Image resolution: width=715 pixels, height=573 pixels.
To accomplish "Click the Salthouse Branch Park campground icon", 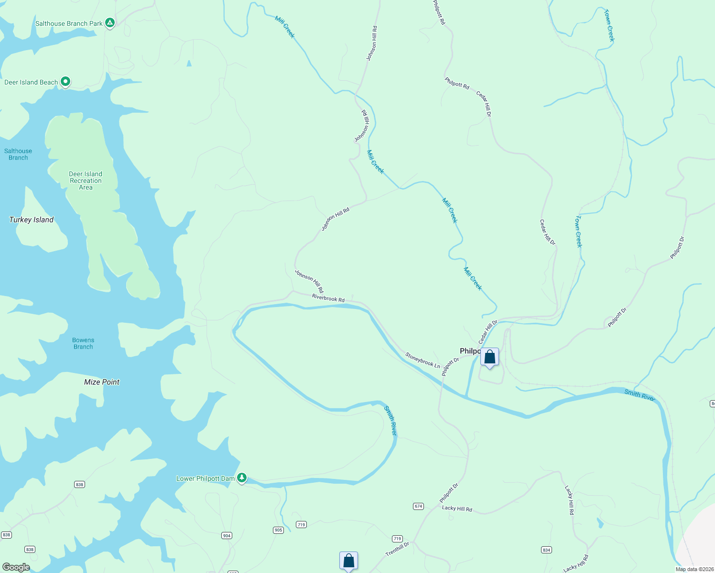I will pos(110,22).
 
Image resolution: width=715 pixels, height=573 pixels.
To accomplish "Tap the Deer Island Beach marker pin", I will pos(65,82).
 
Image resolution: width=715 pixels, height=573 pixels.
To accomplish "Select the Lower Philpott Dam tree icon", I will pos(242,477).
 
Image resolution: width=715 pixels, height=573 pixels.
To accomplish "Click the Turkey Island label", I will pos(32,220).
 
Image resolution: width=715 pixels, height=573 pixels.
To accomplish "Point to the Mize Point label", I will pos(102,382).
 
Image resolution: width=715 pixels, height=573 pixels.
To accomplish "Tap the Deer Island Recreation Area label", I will pos(86,181).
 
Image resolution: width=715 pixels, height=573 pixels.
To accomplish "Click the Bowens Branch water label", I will pos(83,344).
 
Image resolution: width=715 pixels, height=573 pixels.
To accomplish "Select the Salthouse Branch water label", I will pos(18,154).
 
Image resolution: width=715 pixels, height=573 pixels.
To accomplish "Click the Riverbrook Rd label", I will pos(328,298).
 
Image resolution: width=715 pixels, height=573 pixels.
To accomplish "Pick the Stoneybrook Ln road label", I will pos(422,360).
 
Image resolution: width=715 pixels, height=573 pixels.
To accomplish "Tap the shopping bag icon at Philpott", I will pos(489,357).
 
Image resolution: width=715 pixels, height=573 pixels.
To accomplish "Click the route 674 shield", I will pos(418,506).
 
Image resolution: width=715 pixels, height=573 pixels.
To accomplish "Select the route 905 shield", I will pos(278,530).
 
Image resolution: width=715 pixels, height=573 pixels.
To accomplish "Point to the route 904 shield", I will pos(227,536).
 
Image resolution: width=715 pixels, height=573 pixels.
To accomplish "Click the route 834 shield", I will pos(546,550).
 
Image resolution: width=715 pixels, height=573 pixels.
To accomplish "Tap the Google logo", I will pos(16,567).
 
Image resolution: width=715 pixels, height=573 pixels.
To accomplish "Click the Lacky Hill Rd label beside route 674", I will pos(457,509).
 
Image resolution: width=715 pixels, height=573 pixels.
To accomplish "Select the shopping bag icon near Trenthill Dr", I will pos(348,561).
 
